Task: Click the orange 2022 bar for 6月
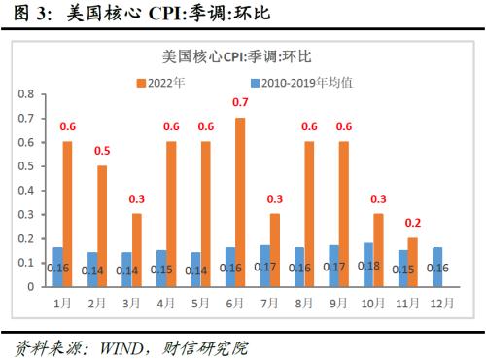[x=239, y=202]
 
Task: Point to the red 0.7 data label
[x=239, y=102]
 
